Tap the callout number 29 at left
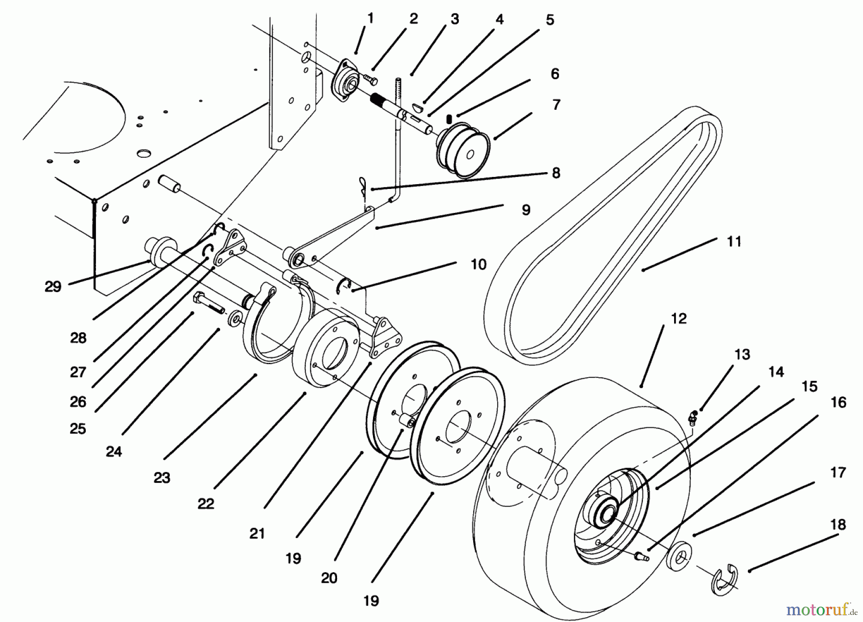coord(53,287)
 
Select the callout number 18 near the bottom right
coord(838,525)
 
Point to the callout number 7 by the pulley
coord(556,105)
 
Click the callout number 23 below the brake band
coord(162,478)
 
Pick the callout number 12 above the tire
coord(679,318)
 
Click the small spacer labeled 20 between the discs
coord(408,422)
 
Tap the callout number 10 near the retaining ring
coord(478,264)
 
